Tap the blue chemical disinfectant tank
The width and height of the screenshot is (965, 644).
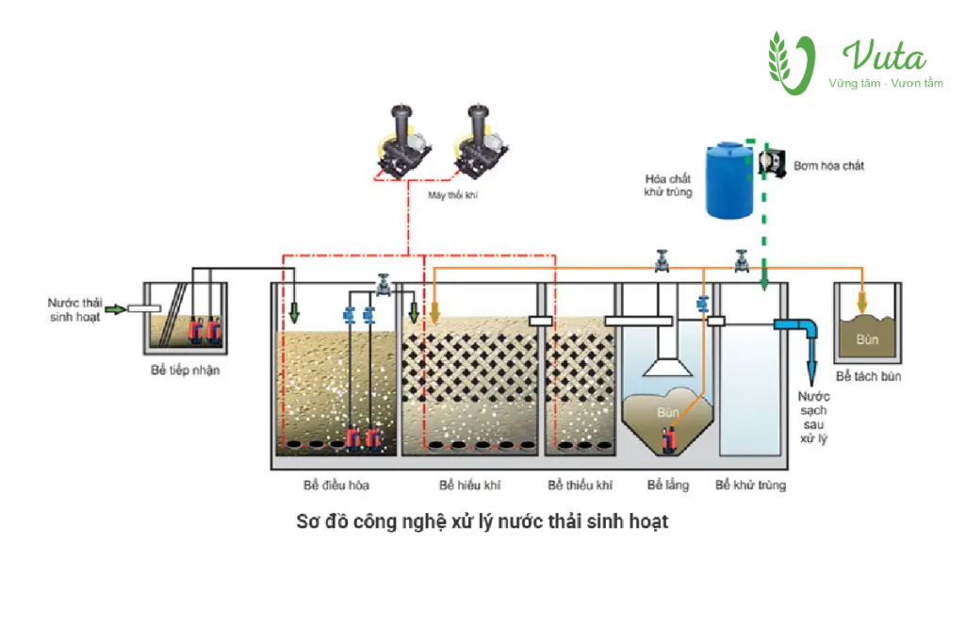pyautogui.click(x=730, y=179)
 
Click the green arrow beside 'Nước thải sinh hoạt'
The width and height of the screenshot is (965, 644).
pyautogui.click(x=115, y=308)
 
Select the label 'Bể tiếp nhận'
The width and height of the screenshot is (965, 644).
pyautogui.click(x=185, y=371)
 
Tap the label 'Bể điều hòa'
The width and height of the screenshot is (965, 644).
pyautogui.click(x=336, y=486)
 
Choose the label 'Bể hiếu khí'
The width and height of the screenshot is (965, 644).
pyautogui.click(x=469, y=486)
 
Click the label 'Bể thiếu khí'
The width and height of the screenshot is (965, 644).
pyautogui.click(x=580, y=486)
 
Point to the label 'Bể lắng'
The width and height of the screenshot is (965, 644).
pyautogui.click(x=668, y=486)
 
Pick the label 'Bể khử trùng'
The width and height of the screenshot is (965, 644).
pyautogui.click(x=750, y=486)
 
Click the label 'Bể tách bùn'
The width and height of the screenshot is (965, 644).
pyautogui.click(x=869, y=377)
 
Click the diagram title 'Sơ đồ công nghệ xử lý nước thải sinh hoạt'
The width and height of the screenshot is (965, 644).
pyautogui.click(x=482, y=521)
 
